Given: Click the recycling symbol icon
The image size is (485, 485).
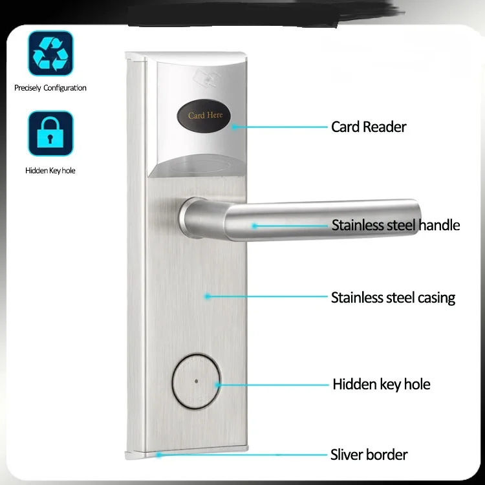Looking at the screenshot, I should (50, 53).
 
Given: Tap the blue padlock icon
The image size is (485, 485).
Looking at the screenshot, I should (50, 133).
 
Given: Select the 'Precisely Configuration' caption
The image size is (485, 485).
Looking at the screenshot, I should (50, 88).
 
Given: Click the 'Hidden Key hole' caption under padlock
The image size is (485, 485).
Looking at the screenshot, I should (50, 171).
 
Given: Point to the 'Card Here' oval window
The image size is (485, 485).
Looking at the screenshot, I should (205, 115).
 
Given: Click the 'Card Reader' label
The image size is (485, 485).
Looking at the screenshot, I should (369, 127).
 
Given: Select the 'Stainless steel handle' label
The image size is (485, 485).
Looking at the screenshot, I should (395, 226).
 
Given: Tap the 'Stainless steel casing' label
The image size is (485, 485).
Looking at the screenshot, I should (393, 298).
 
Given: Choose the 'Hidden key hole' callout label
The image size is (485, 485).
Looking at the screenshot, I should (381, 384).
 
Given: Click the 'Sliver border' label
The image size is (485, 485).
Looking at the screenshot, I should (369, 455).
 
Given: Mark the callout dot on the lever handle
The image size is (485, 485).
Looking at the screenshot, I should (255, 226).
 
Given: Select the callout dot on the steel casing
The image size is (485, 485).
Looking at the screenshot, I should (208, 297).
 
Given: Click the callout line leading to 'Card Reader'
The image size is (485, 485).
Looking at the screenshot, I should (278, 127).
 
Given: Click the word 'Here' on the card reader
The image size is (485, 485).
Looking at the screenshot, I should (215, 116).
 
